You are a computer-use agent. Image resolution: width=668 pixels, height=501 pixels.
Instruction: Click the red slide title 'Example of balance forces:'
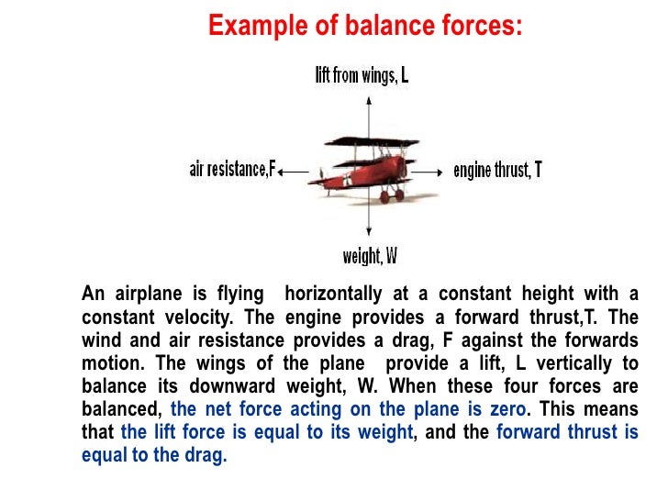(366, 25)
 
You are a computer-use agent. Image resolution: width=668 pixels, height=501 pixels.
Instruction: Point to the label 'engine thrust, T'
(497, 171)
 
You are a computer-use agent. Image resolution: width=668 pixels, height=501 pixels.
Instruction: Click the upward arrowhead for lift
(368, 95)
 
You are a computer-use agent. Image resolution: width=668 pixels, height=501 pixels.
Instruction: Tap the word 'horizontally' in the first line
(333, 295)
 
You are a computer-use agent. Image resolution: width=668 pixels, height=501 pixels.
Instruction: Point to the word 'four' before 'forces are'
(494, 383)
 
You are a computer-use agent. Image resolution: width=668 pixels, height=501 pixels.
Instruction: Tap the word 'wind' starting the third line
(102, 340)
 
